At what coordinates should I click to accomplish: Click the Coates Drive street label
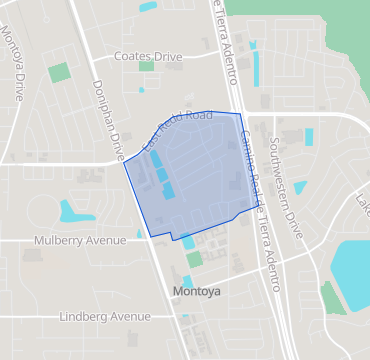(x=148, y=57)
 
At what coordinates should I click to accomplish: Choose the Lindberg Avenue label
(x=104, y=316)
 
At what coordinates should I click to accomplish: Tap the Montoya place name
(x=196, y=292)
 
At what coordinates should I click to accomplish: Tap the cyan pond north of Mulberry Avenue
(x=73, y=211)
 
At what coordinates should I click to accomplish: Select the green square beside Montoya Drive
(x=59, y=72)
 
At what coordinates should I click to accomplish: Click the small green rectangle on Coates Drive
(x=146, y=67)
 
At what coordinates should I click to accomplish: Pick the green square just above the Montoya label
(x=194, y=259)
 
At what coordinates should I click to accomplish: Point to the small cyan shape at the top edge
(x=147, y=6)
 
